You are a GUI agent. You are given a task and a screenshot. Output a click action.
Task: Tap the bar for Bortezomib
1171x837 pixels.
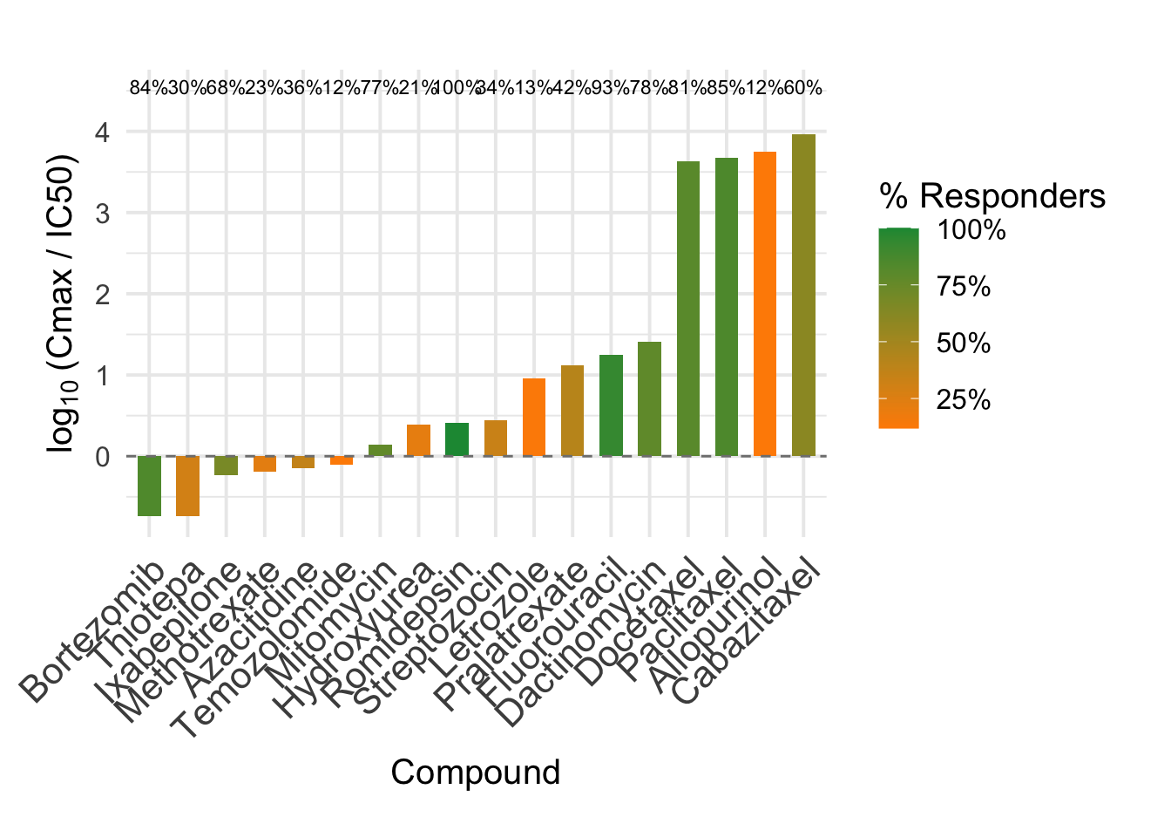[149, 486]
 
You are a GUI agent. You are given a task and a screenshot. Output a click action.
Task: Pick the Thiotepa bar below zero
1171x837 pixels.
[187, 486]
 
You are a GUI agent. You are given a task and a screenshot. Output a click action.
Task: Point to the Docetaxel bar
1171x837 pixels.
[688, 309]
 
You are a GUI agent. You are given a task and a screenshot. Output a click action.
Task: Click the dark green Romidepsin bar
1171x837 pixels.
[457, 439]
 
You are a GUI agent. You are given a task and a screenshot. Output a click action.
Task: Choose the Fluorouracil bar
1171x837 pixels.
[611, 405]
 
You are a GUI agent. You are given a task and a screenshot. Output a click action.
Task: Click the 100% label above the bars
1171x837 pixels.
[457, 88]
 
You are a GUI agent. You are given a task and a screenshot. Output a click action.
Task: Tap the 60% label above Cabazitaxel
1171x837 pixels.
[803, 88]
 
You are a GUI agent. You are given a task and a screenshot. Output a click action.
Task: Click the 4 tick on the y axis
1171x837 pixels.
[104, 133]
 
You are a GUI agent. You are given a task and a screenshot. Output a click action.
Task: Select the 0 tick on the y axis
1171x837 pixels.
[104, 457]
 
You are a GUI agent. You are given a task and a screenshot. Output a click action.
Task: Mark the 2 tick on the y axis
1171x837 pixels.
[104, 295]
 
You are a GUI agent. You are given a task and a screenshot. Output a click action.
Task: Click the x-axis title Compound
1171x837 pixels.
[475, 772]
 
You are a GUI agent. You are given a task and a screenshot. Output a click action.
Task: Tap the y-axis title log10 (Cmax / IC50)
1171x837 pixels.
[63, 304]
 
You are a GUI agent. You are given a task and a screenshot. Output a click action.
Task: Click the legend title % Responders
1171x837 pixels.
[992, 196]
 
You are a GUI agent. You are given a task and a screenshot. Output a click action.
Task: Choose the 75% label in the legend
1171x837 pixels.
[964, 287]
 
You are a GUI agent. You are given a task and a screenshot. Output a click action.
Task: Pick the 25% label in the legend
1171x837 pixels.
[964, 400]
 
